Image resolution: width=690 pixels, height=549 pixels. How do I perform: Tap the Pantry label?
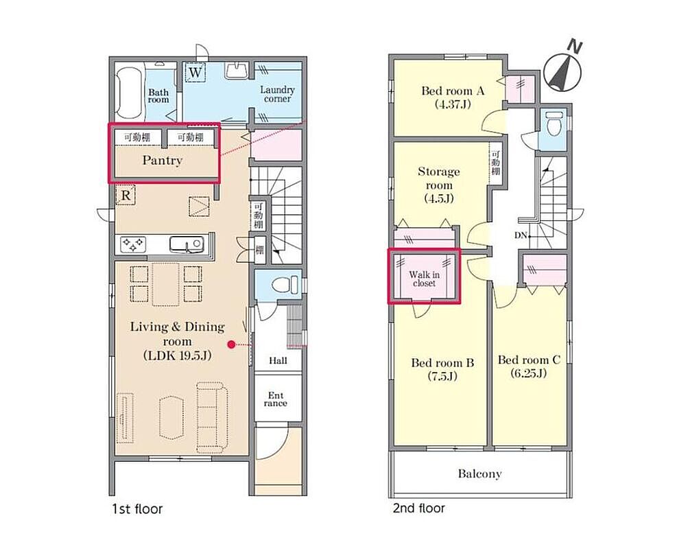pos(163,161)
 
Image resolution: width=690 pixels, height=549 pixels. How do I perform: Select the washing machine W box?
pos(195,72)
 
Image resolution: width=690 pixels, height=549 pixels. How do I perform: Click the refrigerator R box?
pos(126,195)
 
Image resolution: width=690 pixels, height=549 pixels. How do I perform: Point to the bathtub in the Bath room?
pos(130,93)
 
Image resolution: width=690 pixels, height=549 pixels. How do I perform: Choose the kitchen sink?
pos(187,244)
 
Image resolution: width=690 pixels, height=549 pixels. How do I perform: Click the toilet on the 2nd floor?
pos(554,124)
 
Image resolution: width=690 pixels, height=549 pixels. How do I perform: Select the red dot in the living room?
pos(231,344)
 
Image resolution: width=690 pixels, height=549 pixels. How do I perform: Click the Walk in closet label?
pos(424,279)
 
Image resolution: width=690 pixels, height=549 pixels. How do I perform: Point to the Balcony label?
pos(479,474)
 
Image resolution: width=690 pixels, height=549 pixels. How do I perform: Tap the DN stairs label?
pos(521,235)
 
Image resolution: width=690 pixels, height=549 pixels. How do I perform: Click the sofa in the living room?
pos(213,417)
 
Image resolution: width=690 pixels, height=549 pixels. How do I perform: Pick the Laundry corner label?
pos(277,94)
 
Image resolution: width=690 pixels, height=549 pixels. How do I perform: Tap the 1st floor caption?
pos(137,509)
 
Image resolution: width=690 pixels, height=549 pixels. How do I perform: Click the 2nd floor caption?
pos(419,509)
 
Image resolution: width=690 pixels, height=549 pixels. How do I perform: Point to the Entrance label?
pos(276,399)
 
